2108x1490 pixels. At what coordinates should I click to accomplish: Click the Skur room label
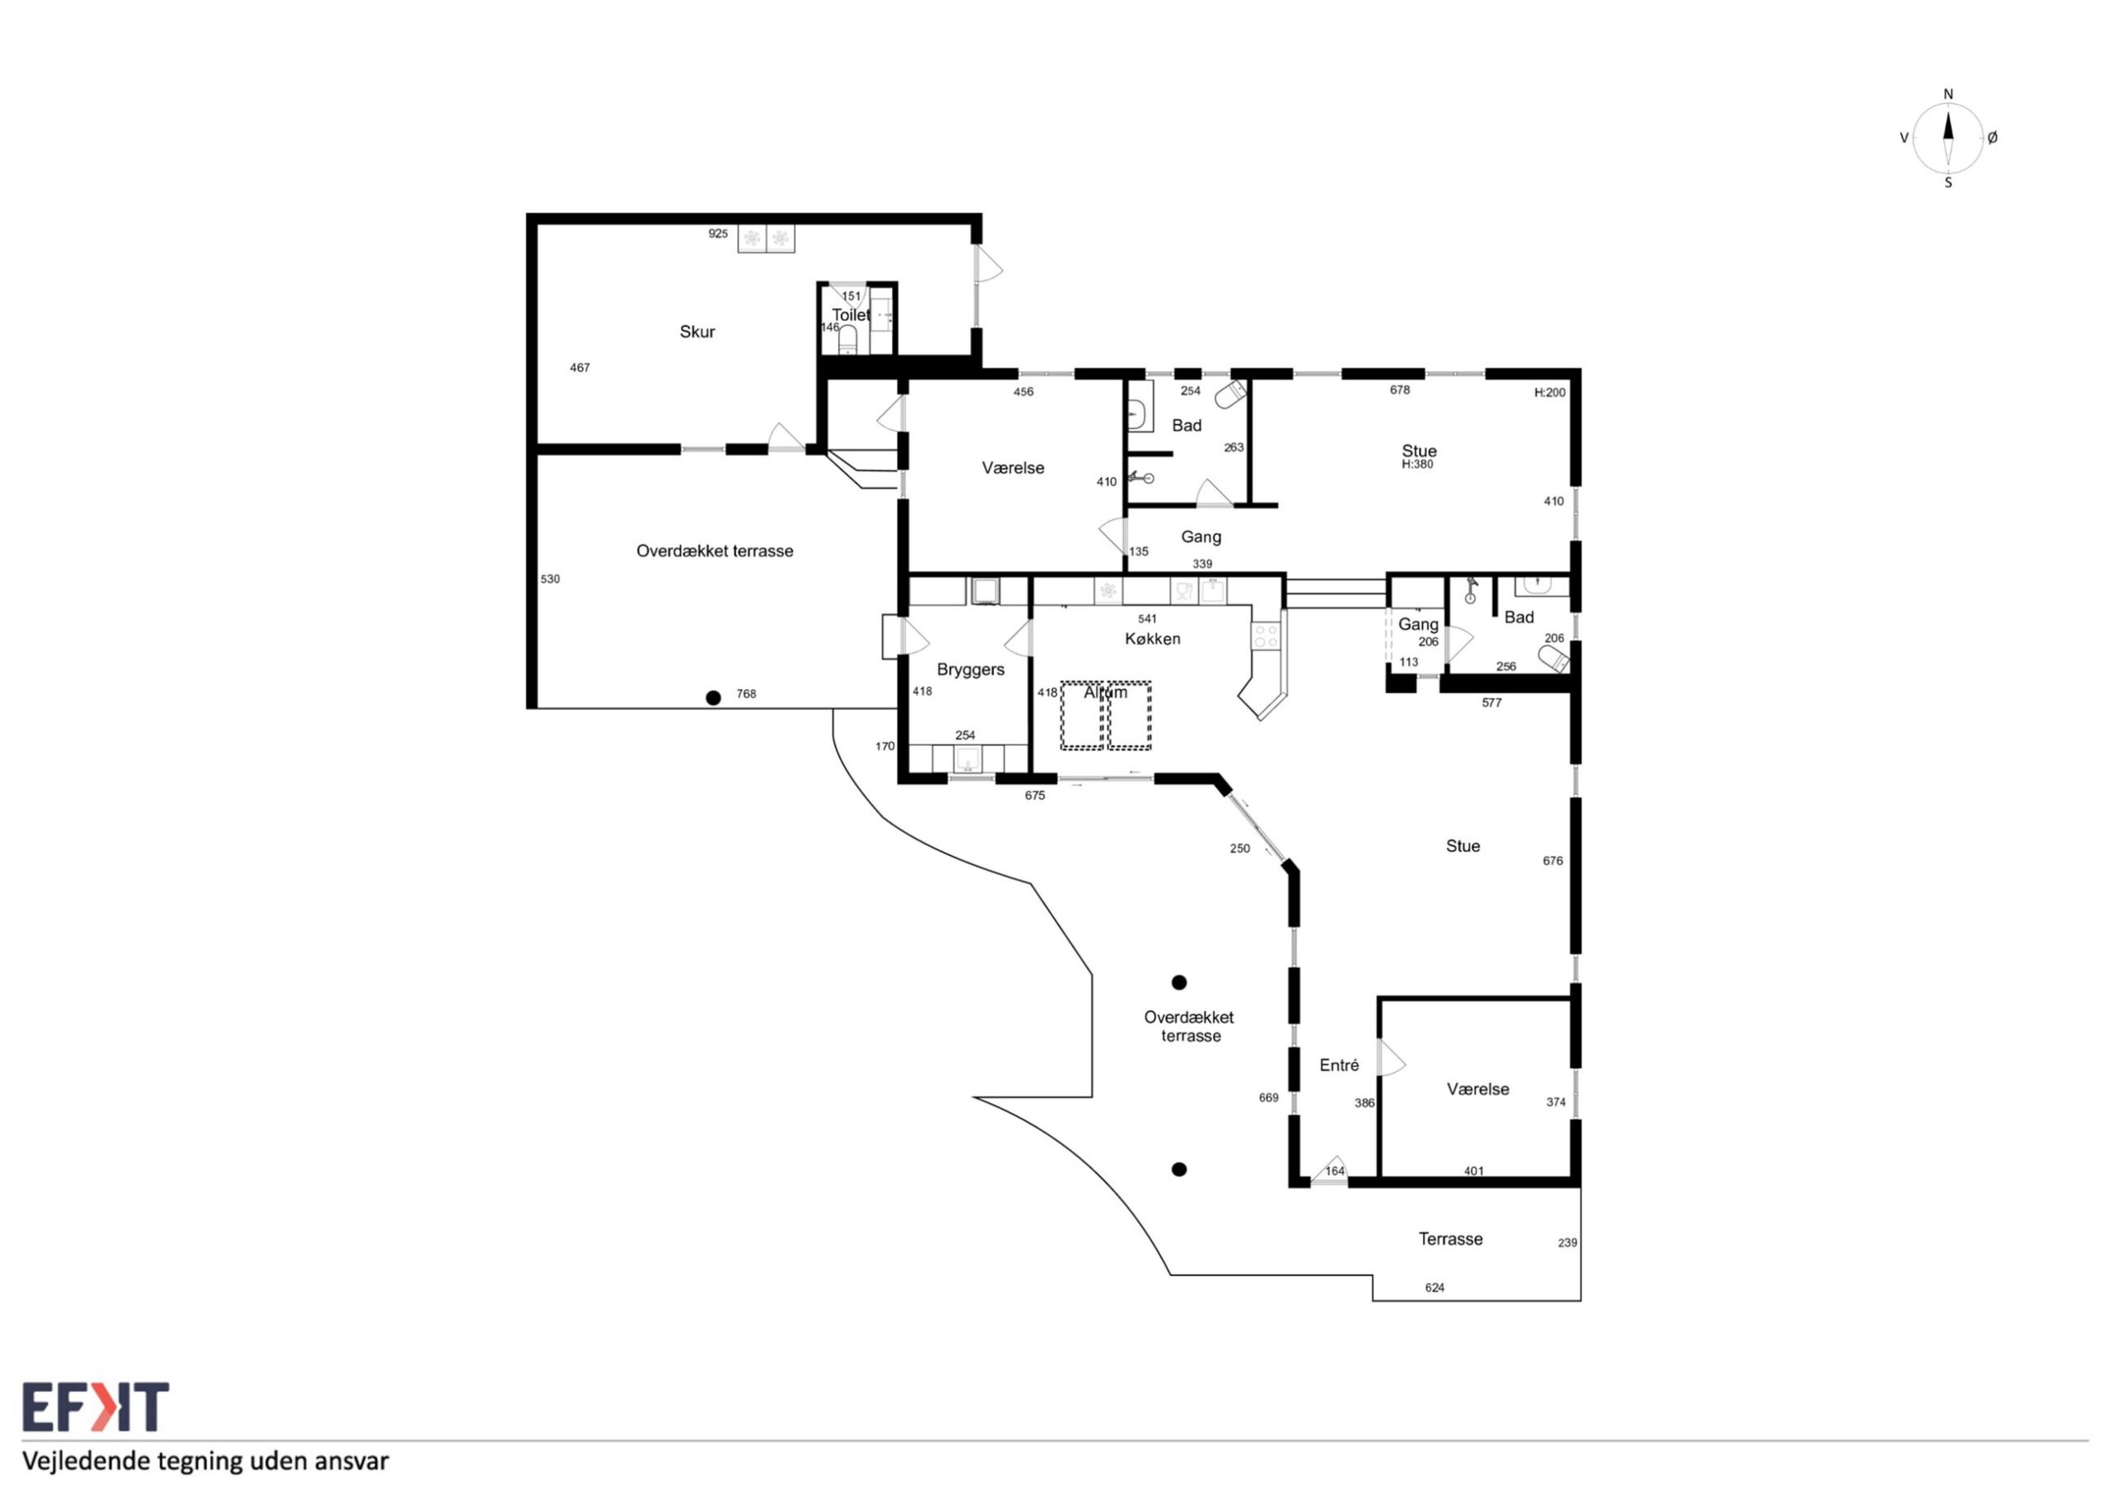[x=697, y=332]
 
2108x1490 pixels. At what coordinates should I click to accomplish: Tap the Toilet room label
[x=851, y=315]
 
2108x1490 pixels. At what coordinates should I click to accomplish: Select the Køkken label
[x=1152, y=639]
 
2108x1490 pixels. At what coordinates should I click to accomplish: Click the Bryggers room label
[x=971, y=670]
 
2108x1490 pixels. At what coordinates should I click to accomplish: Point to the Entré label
[x=1339, y=1065]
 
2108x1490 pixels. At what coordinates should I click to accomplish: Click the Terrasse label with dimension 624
[x=1451, y=1238]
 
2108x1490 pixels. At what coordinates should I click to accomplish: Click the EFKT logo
[x=96, y=1407]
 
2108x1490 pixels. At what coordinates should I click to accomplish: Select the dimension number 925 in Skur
[x=718, y=234]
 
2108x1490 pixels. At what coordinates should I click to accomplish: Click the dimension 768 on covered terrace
[x=746, y=694]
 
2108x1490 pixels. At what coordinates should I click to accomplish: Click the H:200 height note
[x=1550, y=393]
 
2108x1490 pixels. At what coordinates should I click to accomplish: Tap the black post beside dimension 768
[x=713, y=698]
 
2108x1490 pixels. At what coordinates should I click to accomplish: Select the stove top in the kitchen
[x=1265, y=636]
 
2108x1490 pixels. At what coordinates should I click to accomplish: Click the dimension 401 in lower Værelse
[x=1474, y=1171]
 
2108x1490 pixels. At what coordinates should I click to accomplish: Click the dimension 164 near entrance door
[x=1334, y=1171]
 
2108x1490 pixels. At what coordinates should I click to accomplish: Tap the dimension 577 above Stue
[x=1491, y=703]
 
